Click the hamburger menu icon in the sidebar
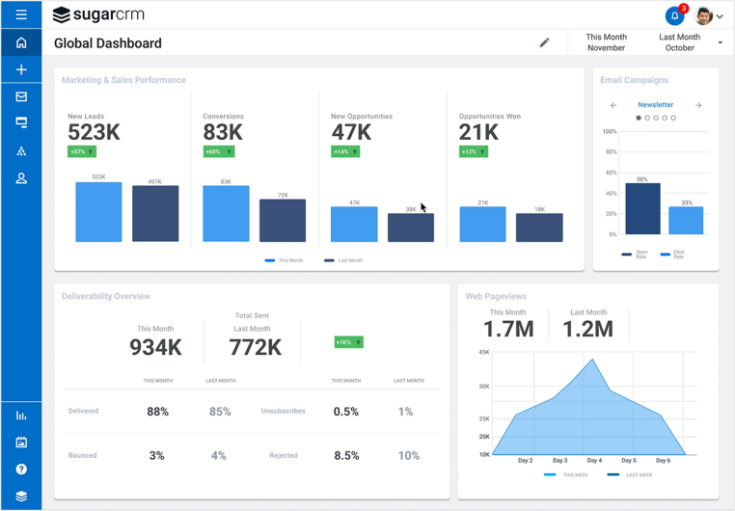click(x=21, y=15)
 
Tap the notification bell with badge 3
click(x=674, y=16)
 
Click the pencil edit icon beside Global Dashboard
click(x=544, y=42)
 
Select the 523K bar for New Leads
click(x=98, y=212)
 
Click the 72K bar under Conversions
click(x=283, y=221)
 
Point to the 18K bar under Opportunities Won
click(x=539, y=228)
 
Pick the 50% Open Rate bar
click(x=642, y=208)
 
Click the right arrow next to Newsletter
click(x=698, y=105)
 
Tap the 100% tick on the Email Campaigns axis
click(x=610, y=131)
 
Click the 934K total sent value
click(x=155, y=347)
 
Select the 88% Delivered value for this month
click(x=157, y=412)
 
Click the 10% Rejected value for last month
click(x=408, y=455)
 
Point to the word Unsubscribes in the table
click(x=283, y=412)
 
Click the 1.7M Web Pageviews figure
click(x=508, y=330)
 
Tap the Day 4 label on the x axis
click(x=593, y=461)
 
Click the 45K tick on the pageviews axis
click(x=483, y=352)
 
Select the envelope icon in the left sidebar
click(x=21, y=96)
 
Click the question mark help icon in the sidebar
click(x=21, y=470)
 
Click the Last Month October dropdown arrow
click(x=721, y=42)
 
